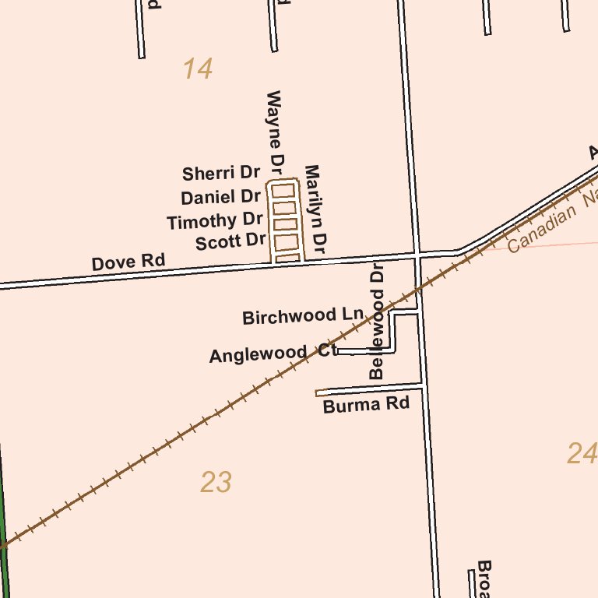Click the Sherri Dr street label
click(220, 173)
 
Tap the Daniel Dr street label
click(220, 197)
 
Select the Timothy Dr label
click(214, 221)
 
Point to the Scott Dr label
click(230, 242)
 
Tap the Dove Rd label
click(128, 262)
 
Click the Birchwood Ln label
click(303, 316)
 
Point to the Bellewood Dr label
click(378, 322)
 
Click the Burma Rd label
click(366, 405)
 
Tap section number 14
click(198, 69)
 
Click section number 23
click(216, 483)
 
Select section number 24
click(582, 453)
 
